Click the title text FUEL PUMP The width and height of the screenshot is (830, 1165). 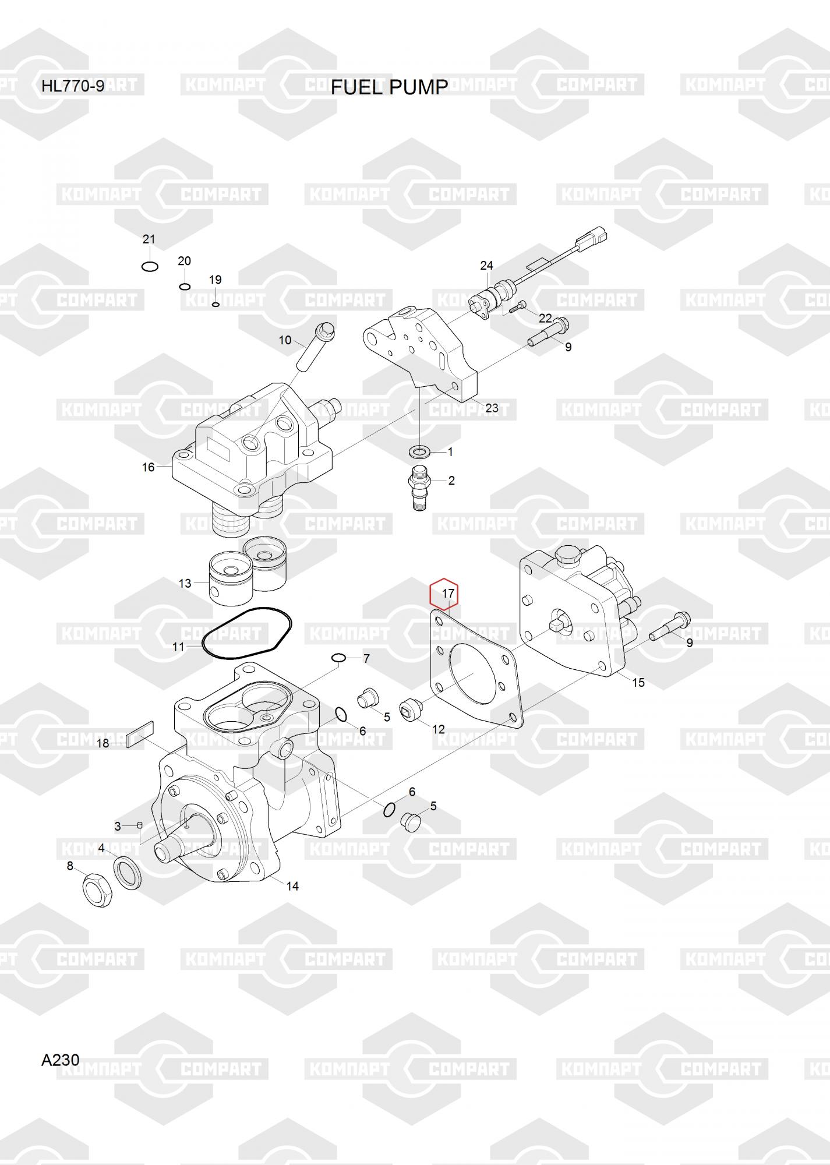click(389, 87)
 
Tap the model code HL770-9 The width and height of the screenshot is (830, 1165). click(73, 87)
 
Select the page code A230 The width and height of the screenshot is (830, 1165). click(60, 1060)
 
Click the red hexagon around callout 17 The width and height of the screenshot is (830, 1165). click(444, 593)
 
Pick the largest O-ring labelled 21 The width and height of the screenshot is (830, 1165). click(150, 266)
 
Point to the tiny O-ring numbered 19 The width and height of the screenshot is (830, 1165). click(216, 304)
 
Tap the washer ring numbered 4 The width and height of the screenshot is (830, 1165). click(127, 874)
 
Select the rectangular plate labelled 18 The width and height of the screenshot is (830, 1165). click(140, 733)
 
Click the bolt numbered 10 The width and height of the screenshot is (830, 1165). click(315, 346)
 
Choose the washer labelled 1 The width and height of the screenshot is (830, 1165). click(419, 451)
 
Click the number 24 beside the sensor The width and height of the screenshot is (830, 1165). click(486, 266)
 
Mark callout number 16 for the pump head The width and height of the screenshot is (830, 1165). click(148, 467)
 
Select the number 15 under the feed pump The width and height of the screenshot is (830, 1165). click(638, 682)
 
